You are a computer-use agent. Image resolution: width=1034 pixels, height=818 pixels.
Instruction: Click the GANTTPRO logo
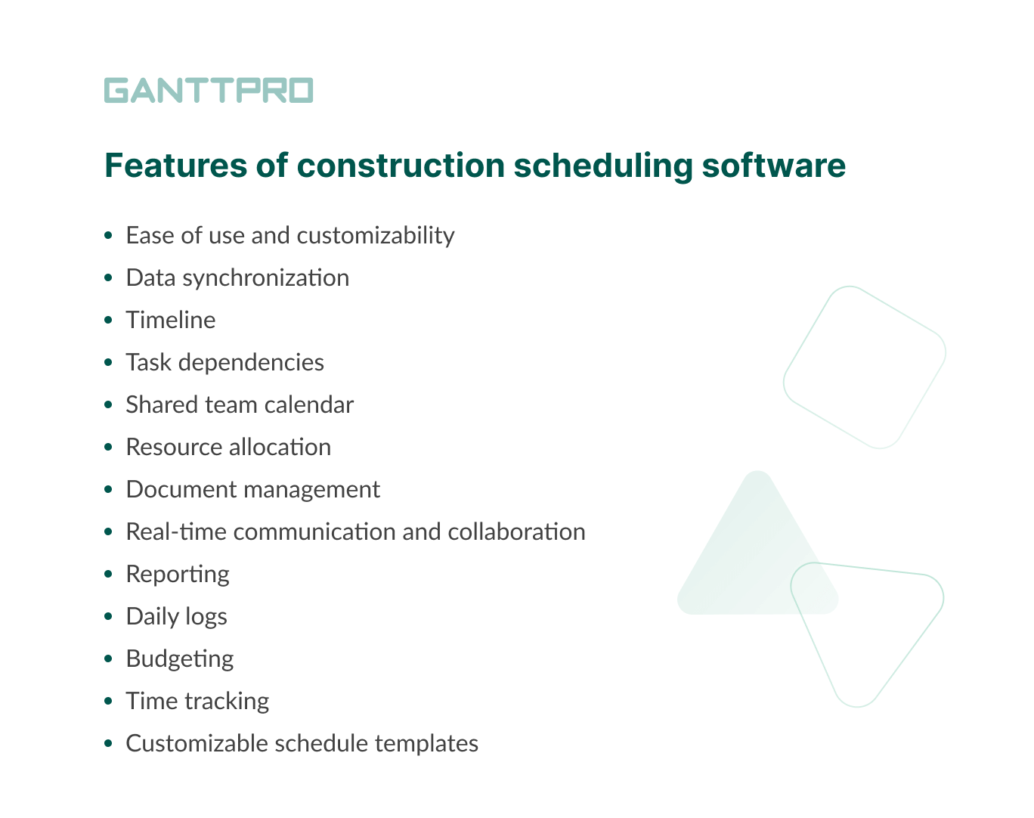pos(208,90)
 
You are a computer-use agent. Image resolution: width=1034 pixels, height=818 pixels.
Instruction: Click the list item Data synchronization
pos(237,278)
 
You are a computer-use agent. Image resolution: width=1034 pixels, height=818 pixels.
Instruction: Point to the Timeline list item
pos(171,321)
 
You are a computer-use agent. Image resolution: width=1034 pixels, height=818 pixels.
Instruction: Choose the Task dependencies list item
pos(224,363)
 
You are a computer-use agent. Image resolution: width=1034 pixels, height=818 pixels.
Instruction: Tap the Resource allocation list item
pos(228,448)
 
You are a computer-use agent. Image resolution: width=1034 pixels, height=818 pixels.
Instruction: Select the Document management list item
pos(252,490)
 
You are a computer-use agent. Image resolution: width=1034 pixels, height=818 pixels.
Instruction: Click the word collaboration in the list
pos(516,532)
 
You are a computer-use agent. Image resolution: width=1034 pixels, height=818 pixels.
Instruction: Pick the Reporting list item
pos(178,575)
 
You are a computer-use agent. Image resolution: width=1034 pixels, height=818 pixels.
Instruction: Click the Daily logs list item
pos(176,617)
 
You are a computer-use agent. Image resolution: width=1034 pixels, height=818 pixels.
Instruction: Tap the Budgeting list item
pos(180,659)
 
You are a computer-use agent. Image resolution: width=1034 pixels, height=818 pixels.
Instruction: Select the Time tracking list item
pos(197,702)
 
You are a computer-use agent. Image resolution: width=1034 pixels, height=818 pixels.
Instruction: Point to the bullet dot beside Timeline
pos(109,321)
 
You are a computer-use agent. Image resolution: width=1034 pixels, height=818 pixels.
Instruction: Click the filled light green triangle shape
pos(748,559)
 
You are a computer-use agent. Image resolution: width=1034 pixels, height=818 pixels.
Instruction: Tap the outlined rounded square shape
pos(865,367)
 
